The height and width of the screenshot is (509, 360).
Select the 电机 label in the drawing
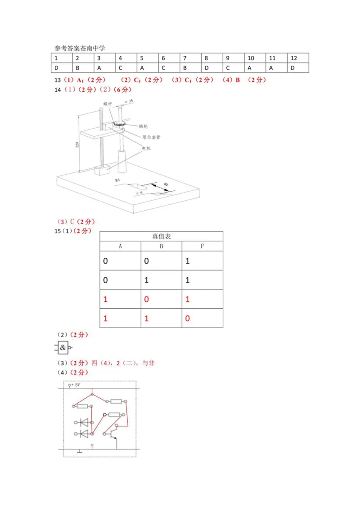[147, 148]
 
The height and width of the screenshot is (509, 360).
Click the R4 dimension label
[118, 180]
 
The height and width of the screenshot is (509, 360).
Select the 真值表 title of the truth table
[161, 236]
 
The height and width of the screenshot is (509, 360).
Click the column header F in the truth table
[202, 246]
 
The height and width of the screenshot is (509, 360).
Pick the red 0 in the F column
[188, 318]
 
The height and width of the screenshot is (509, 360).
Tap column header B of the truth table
[161, 246]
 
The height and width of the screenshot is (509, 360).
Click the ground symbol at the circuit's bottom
[80, 450]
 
